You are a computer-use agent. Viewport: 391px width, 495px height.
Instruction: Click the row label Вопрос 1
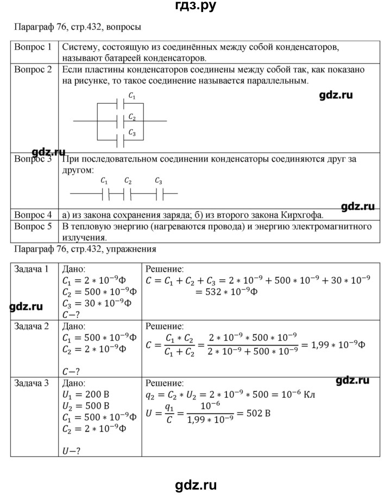point(33,47)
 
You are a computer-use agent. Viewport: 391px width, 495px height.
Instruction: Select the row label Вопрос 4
point(33,215)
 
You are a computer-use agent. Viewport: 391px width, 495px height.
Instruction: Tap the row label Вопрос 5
point(33,226)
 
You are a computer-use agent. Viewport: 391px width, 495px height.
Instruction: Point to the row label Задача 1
point(32,268)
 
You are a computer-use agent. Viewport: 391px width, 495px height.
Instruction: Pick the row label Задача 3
point(32,383)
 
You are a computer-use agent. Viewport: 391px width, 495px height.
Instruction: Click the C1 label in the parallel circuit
point(132,96)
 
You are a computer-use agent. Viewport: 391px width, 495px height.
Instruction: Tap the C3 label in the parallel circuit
point(132,132)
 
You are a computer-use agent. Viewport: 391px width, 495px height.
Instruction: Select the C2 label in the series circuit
point(128,181)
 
